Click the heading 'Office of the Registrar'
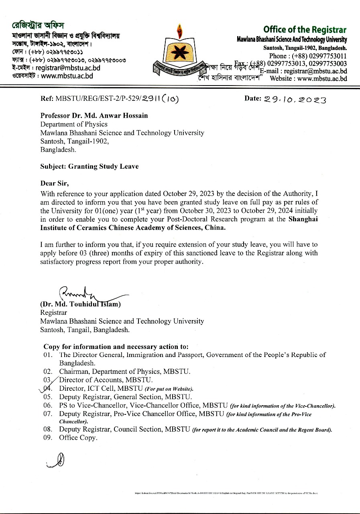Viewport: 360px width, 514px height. [305, 30]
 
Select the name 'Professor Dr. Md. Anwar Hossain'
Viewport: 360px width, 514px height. [94, 116]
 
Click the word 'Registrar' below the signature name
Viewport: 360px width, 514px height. [53, 312]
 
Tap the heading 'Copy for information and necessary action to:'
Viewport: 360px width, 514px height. [116, 347]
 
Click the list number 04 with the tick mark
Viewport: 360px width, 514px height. [47, 388]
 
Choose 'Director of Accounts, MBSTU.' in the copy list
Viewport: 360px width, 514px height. [106, 380]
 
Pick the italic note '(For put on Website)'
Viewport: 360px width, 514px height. [169, 389]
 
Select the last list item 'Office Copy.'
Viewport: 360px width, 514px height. [78, 438]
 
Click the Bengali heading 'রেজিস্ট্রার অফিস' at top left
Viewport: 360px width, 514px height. [38, 25]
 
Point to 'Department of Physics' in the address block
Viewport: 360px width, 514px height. [74, 124]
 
